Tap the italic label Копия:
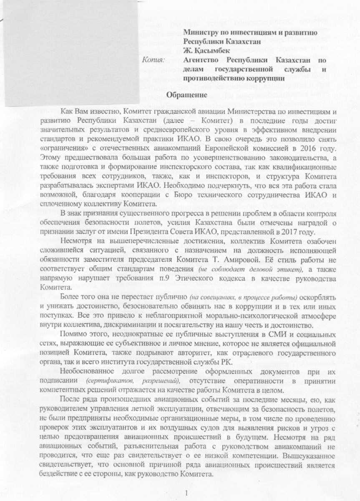154,60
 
